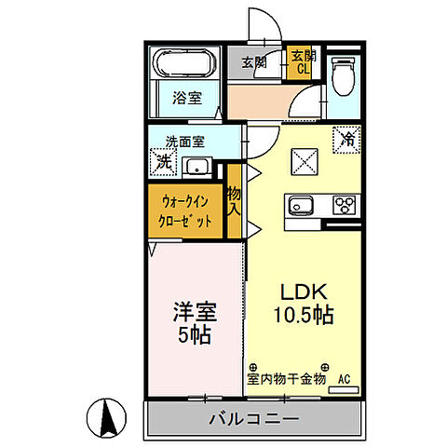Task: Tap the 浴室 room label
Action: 185,97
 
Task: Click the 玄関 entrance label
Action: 253,63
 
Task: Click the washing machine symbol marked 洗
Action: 163,161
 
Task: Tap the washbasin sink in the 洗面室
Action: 197,168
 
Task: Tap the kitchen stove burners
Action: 340,205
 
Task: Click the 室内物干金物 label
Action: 286,379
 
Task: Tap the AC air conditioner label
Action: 344,379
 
